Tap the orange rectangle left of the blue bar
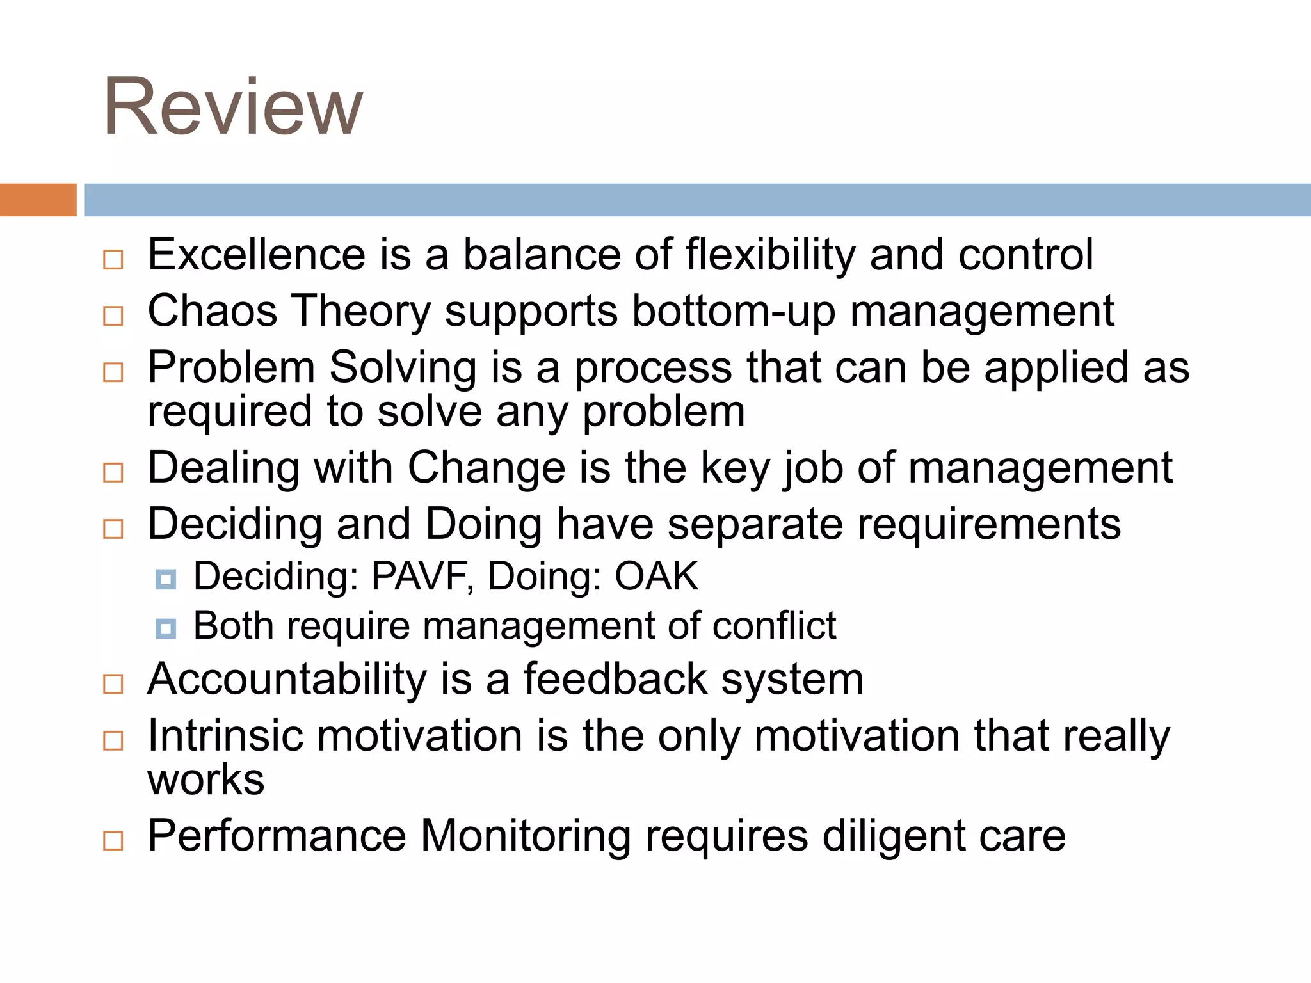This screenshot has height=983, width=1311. (38, 200)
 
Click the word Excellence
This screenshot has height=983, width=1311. (256, 255)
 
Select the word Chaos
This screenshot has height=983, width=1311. (213, 311)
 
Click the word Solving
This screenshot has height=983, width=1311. (403, 368)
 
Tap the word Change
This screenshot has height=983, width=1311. (487, 467)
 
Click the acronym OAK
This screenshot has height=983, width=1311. (656, 576)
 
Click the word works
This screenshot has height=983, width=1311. (205, 779)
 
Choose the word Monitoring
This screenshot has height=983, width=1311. (526, 836)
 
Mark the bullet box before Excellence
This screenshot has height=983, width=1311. (113, 260)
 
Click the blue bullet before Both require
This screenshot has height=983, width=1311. (166, 628)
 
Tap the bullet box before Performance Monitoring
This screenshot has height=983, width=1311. (113, 840)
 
